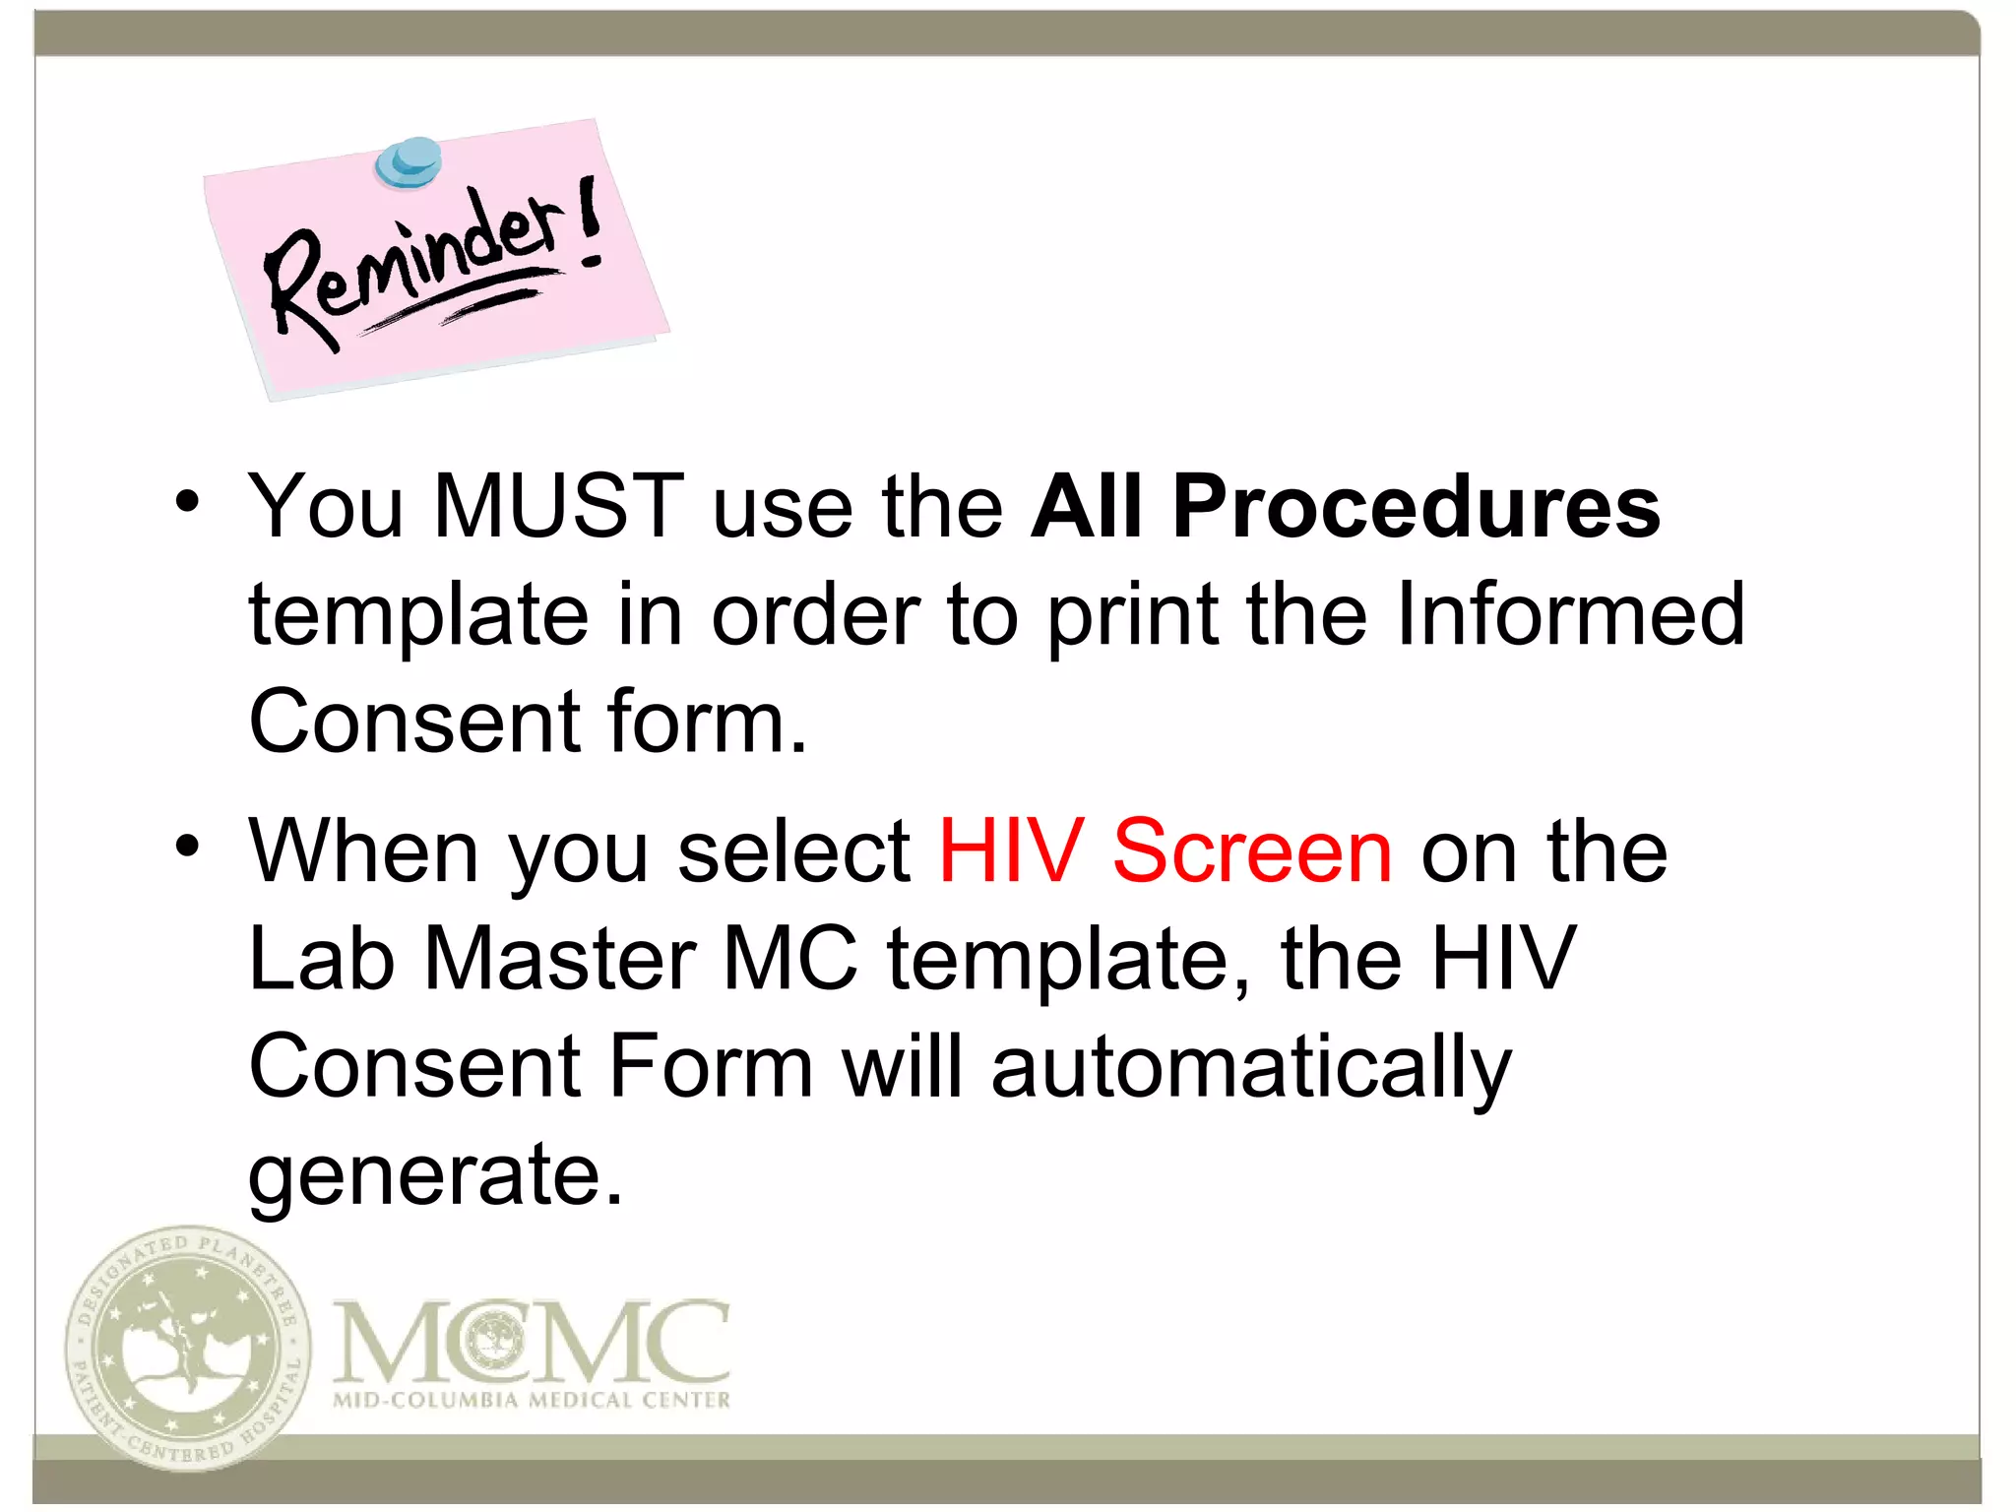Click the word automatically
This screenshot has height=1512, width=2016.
click(x=1250, y=1069)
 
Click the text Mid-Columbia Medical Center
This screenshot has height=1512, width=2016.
click(x=532, y=1400)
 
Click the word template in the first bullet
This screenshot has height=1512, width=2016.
click(x=418, y=616)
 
